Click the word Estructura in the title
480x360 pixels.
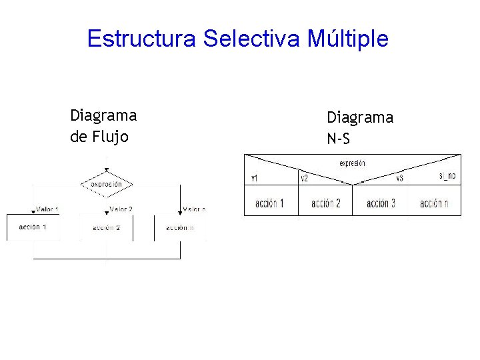point(141,39)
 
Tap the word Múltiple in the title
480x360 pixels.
point(348,39)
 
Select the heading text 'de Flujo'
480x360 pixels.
point(99,137)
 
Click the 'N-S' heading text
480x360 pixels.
point(338,139)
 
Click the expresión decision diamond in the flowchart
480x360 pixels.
point(107,183)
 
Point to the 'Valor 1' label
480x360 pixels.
point(47,209)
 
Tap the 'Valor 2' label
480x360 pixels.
point(121,209)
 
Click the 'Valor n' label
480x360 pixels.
point(194,209)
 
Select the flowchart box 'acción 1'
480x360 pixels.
point(33,227)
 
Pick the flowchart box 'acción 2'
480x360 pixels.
point(106,228)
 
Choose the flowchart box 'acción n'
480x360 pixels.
point(180,228)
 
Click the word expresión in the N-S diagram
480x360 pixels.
point(352,163)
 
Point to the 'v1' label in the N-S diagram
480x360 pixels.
point(255,178)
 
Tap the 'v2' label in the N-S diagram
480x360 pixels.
point(304,178)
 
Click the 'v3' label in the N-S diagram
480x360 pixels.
point(399,178)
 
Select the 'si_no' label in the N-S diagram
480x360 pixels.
point(447,176)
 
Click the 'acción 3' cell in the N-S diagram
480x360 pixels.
point(380,203)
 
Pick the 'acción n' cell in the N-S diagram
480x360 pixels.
point(434,203)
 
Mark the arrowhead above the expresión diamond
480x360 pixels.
point(107,169)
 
